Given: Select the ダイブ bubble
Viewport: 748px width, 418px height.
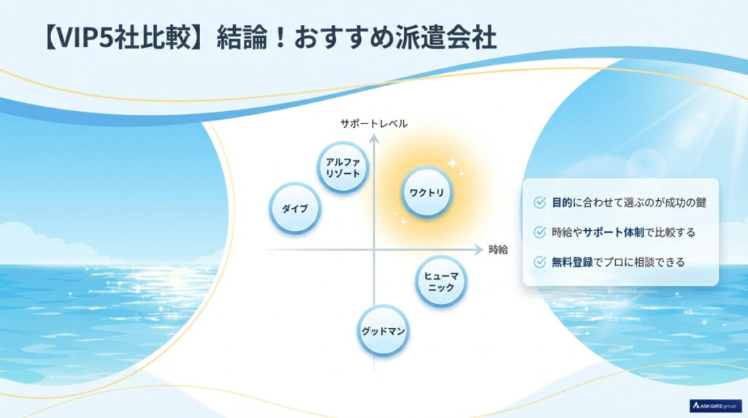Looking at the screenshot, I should click(294, 208).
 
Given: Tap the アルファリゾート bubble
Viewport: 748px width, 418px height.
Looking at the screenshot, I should click(343, 168).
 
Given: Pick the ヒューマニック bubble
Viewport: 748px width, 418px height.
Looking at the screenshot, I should click(441, 281).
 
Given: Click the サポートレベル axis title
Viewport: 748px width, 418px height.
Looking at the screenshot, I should click(373, 123).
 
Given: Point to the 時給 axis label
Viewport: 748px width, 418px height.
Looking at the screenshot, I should click(497, 250).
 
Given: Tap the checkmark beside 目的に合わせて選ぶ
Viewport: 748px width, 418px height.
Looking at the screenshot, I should click(539, 202).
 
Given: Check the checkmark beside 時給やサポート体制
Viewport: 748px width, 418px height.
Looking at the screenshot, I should click(539, 232).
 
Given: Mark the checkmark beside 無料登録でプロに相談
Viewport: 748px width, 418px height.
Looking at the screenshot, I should click(539, 262).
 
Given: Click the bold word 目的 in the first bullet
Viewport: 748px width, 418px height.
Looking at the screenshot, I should click(562, 202).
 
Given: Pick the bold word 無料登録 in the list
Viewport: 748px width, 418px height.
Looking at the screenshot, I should click(573, 262).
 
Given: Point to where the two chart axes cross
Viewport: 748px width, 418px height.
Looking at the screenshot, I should click(374, 250).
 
